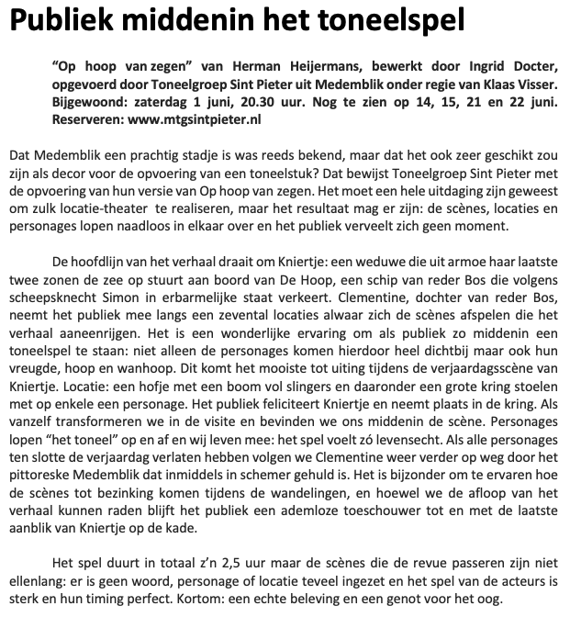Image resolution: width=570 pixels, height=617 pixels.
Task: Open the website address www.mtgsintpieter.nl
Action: tap(203, 119)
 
